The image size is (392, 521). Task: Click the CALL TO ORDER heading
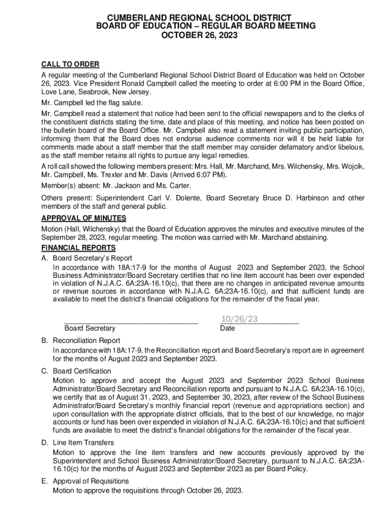click(x=70, y=64)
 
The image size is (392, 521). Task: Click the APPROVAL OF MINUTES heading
click(x=83, y=218)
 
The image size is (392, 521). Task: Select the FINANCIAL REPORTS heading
click(x=78, y=248)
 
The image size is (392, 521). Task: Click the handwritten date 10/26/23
click(x=239, y=319)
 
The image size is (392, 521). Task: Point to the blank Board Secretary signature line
click(x=130, y=322)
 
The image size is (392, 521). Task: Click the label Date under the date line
click(x=227, y=329)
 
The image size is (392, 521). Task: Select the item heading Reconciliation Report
click(x=87, y=340)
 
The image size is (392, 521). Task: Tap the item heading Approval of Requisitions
click(x=91, y=481)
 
